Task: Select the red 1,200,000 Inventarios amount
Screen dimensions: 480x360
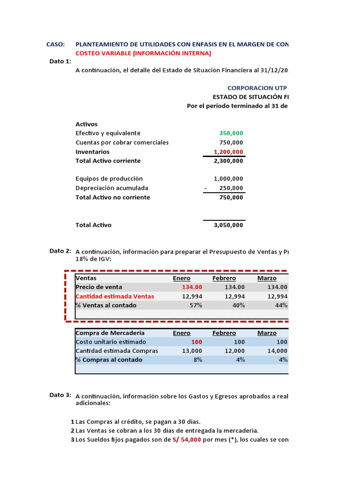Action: (x=228, y=152)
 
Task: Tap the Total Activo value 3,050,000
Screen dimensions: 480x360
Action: (x=228, y=225)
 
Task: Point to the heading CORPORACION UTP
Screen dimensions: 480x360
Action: (x=257, y=88)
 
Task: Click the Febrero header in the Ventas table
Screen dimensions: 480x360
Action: (x=224, y=278)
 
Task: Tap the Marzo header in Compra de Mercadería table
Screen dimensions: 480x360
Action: (x=267, y=333)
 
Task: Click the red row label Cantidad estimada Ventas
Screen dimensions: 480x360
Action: (x=115, y=296)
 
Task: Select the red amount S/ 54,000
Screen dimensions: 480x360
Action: (x=187, y=440)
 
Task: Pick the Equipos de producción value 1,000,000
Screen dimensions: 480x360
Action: (x=228, y=179)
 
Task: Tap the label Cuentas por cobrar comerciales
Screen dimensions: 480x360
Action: (x=122, y=142)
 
